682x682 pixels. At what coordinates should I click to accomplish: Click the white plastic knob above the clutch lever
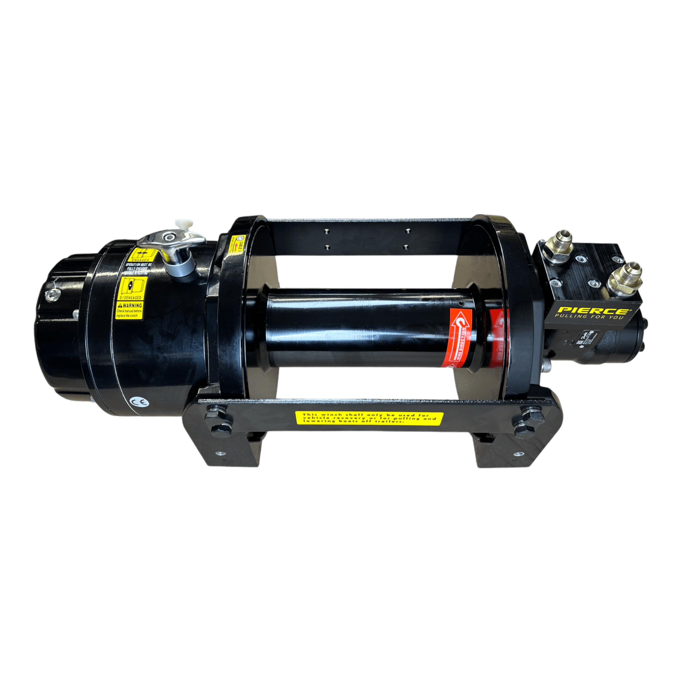tap(184, 223)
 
